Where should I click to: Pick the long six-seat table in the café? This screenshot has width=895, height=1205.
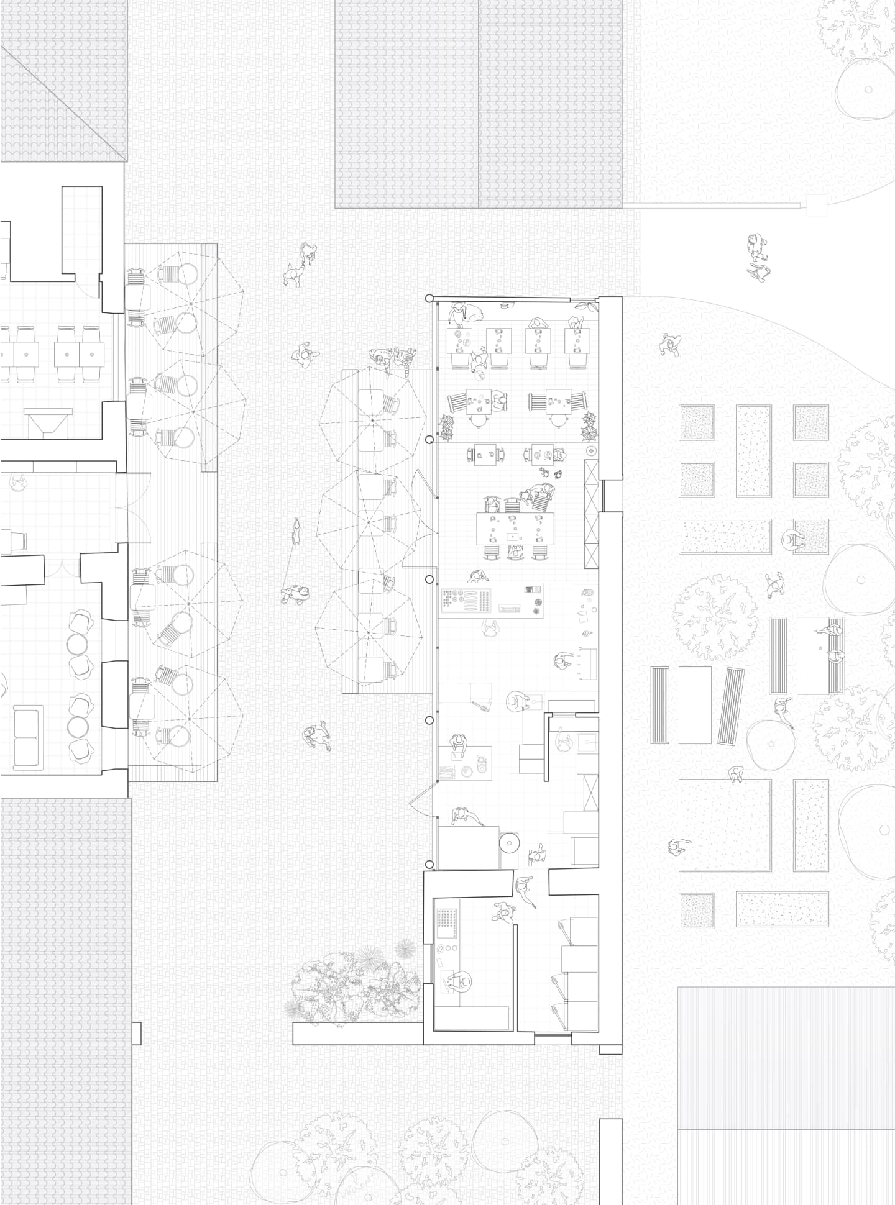pos(515,528)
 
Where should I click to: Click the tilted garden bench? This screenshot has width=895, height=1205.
pos(732,706)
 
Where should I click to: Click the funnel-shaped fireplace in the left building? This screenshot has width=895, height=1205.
pos(48,422)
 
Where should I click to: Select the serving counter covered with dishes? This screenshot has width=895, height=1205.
pos(491,599)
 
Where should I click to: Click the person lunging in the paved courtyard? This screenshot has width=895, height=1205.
pos(317,736)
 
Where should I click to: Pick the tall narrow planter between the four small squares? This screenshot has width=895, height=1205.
pos(754,450)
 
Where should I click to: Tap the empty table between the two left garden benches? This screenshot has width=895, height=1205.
pos(695,705)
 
